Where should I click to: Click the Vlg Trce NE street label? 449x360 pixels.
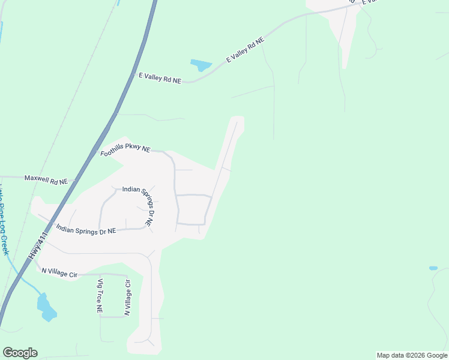(100, 296)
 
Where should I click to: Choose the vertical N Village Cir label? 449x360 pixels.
(127, 298)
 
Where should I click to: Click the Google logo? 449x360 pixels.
(20, 353)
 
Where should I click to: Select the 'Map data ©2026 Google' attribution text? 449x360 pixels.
(412, 355)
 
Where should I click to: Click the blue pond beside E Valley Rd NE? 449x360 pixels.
(201, 64)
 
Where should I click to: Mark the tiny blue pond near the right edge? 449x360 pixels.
(433, 268)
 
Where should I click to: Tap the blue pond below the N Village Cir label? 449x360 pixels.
(46, 307)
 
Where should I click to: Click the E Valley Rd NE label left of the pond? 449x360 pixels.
(160, 78)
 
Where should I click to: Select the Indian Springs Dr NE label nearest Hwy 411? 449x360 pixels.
(86, 229)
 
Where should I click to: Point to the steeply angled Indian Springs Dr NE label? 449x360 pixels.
(144, 206)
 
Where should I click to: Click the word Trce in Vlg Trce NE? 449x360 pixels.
(100, 296)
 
